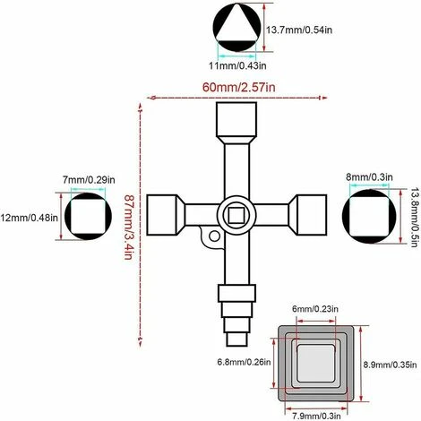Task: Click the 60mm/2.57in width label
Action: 239,87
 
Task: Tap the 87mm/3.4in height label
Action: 128,228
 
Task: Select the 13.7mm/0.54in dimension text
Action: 299,30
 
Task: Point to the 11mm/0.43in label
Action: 237,65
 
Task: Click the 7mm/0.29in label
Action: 89,180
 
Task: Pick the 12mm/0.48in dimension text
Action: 29,218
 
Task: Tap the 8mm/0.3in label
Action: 369,177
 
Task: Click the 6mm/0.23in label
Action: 315,308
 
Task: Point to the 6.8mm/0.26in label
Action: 244,362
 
